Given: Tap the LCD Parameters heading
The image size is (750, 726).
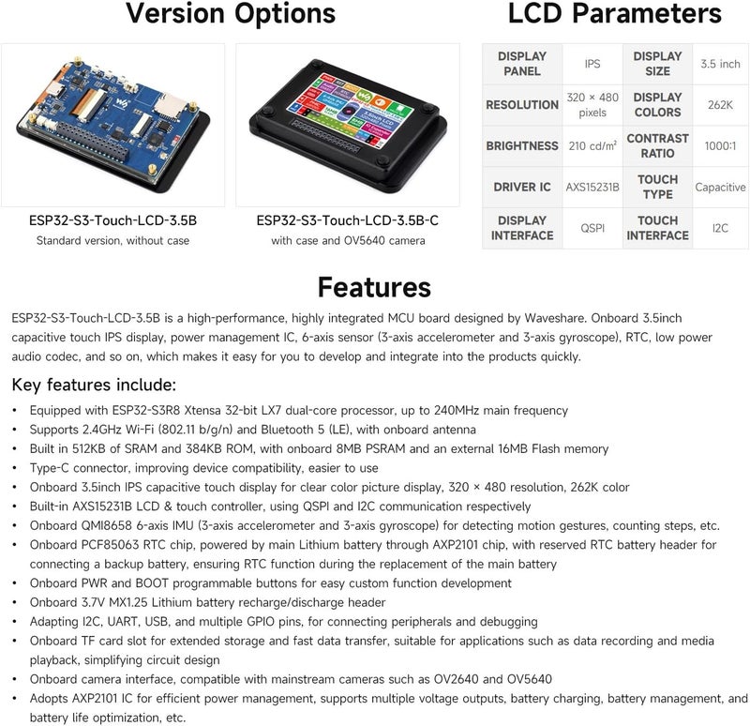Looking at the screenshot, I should [614, 15].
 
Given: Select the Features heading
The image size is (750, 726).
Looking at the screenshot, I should [374, 286].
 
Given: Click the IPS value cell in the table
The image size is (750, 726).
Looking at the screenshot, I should [592, 64].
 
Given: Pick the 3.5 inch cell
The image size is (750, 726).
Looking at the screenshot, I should [720, 64].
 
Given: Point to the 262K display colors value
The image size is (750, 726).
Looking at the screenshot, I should [720, 105].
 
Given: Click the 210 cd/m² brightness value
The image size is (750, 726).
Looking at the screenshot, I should [592, 146].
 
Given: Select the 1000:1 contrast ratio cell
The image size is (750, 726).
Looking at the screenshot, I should [720, 146].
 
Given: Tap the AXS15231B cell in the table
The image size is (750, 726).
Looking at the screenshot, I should [592, 188].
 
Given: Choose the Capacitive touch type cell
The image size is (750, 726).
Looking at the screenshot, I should [720, 188].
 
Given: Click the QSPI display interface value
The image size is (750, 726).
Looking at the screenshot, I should [592, 228].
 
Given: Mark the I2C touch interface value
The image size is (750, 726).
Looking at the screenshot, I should [720, 228].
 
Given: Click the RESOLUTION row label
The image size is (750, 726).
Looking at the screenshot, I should [522, 105].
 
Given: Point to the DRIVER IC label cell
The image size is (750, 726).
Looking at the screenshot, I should [522, 188].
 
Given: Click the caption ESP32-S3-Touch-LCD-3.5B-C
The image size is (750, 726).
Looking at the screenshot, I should [348, 221].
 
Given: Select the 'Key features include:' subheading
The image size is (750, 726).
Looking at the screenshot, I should [93, 386].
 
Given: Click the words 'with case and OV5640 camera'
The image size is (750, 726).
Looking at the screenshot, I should [348, 241].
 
